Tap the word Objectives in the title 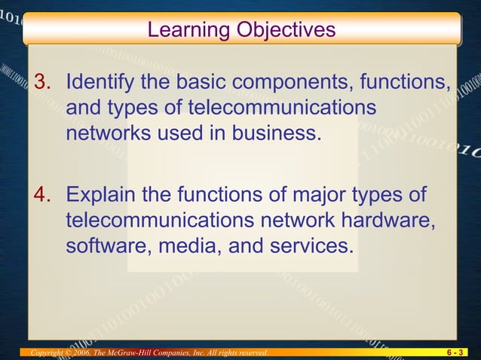pyautogui.click(x=285, y=30)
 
